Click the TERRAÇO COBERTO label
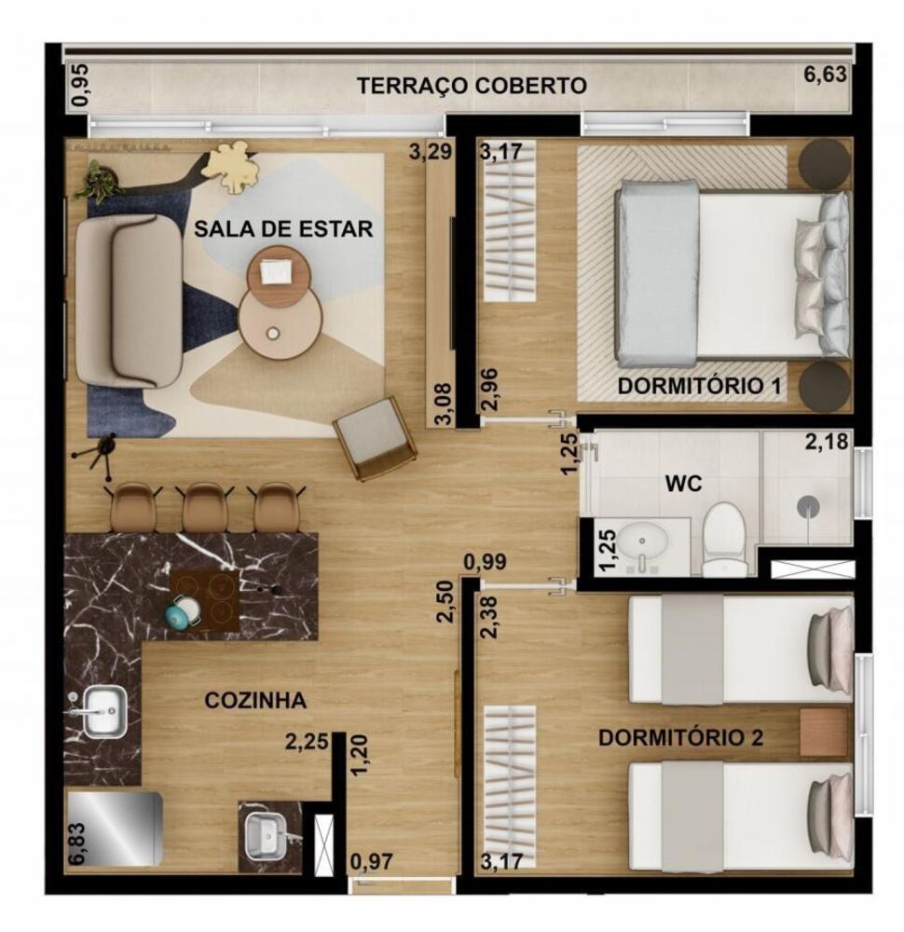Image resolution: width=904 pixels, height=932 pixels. [x=472, y=86]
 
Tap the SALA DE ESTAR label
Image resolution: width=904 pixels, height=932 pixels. [x=283, y=228]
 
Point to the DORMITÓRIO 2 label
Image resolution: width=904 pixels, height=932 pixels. [x=680, y=738]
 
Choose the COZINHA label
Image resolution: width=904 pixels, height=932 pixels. [x=255, y=701]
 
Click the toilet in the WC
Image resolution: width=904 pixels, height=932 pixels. [x=723, y=536]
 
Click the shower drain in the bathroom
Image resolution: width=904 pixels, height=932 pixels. [x=808, y=504]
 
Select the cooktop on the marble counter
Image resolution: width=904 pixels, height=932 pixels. [x=204, y=601]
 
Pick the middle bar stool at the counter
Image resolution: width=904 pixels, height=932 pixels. [x=204, y=507]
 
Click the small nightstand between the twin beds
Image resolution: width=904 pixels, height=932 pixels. [x=823, y=732]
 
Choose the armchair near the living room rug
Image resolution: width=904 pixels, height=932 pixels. [x=375, y=434]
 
